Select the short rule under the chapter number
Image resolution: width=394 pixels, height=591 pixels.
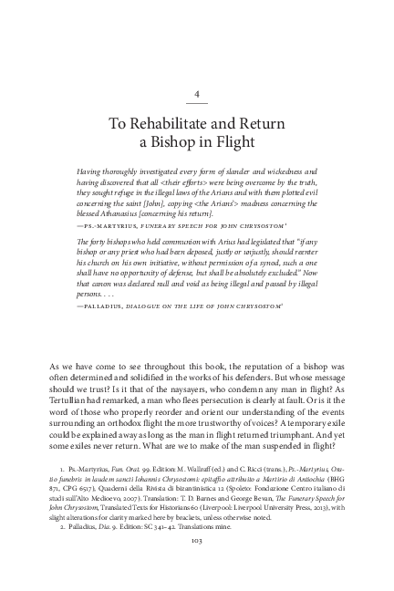tap(197, 105)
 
